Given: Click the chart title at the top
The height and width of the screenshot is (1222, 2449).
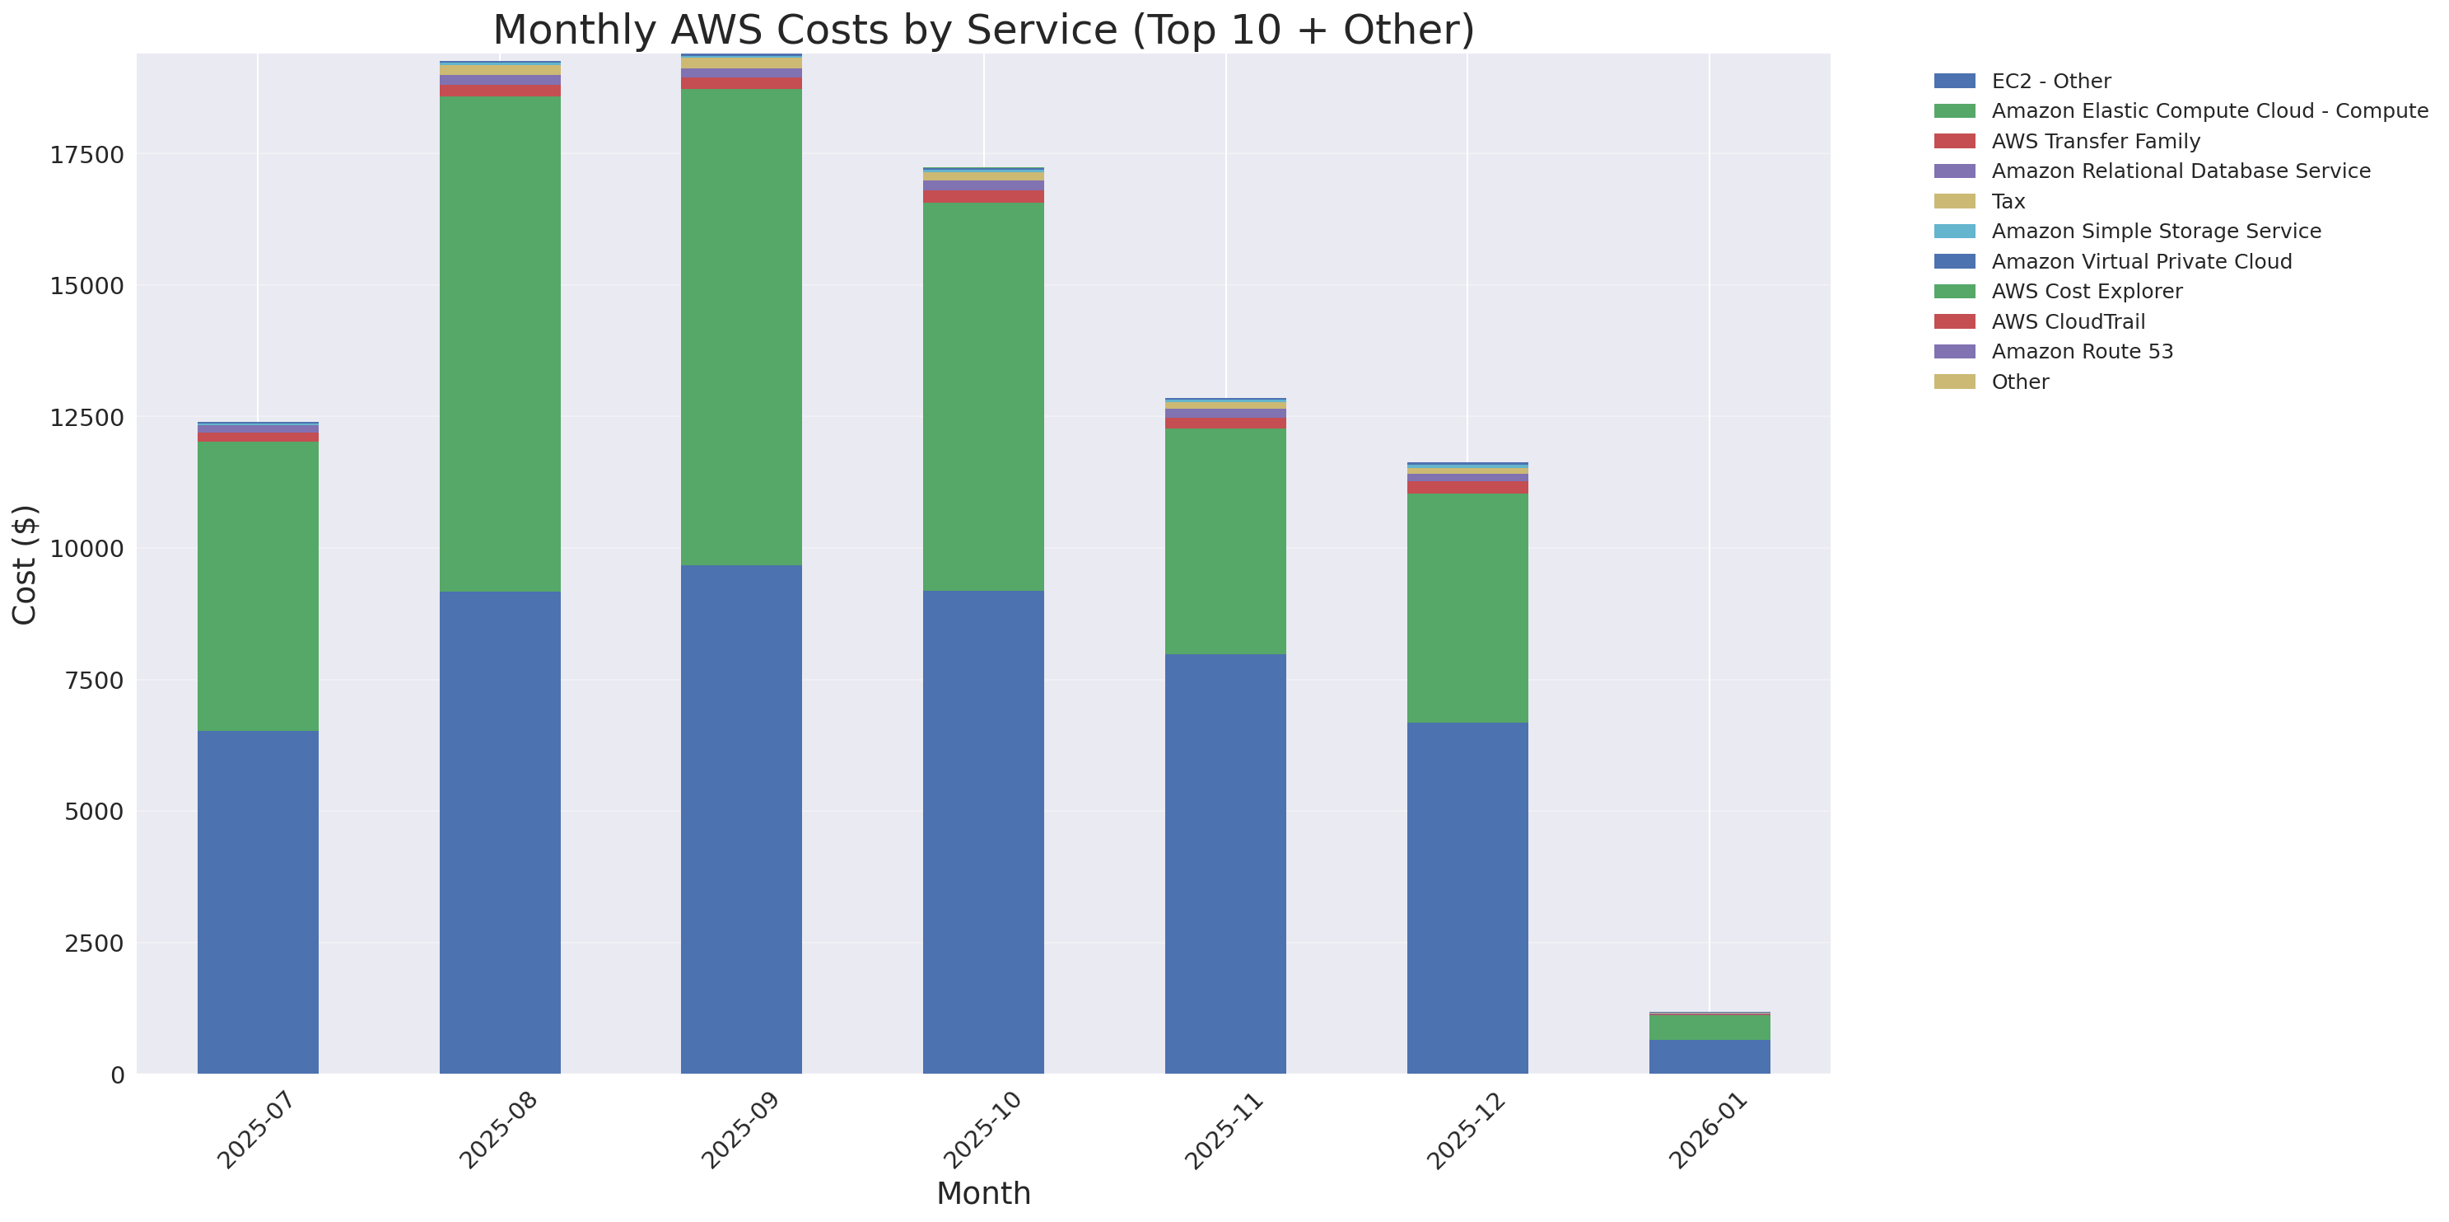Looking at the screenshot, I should pos(983,30).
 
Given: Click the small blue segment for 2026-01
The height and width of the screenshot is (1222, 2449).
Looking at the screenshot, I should pos(1709,1056).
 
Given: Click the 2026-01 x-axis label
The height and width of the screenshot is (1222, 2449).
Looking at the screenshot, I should pos(1707,1131).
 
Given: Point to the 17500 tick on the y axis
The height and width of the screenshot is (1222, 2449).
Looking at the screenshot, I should pos(86,155).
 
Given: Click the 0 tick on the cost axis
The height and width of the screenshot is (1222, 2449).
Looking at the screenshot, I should pos(117,1075).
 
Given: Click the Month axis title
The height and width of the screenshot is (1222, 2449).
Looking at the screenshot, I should pos(983,1193).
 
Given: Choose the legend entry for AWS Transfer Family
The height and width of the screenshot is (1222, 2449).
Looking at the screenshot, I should pos(2096,142).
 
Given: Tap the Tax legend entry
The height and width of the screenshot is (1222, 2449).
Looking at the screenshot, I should pos(2008,202).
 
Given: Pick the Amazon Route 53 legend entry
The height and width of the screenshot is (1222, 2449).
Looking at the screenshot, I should pos(2082,352).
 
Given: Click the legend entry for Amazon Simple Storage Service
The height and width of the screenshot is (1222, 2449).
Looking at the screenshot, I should pos(2155,231).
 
